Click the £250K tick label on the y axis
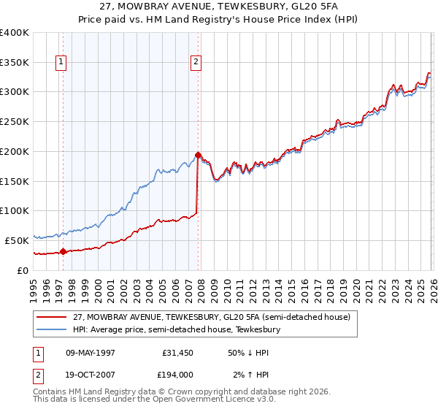point(15,122)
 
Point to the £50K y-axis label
point(17,240)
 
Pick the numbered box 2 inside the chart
point(196,63)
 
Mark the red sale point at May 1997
point(63,252)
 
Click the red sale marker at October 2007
point(198,155)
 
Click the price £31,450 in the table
point(177,353)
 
